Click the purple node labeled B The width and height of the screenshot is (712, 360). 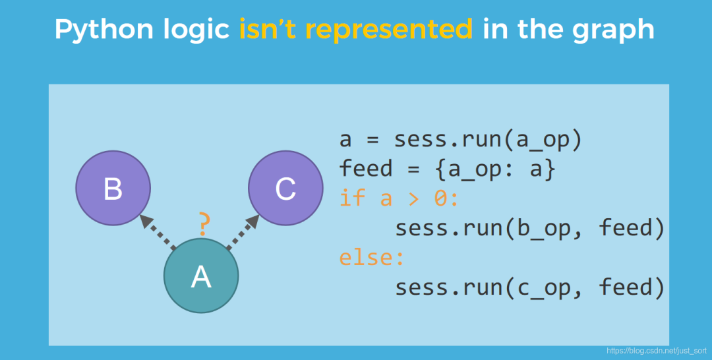point(113,188)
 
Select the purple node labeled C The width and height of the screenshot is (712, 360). point(285,188)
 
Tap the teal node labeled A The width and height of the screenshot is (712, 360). point(201,276)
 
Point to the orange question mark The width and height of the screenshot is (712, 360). point(204,224)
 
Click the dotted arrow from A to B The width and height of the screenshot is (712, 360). point(158,232)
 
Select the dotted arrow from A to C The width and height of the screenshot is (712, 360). point(243,232)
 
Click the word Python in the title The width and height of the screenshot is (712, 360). point(104,30)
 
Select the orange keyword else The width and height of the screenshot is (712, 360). point(372,257)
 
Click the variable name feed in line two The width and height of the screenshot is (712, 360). point(366,168)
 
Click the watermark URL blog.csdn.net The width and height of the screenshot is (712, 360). point(657,351)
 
